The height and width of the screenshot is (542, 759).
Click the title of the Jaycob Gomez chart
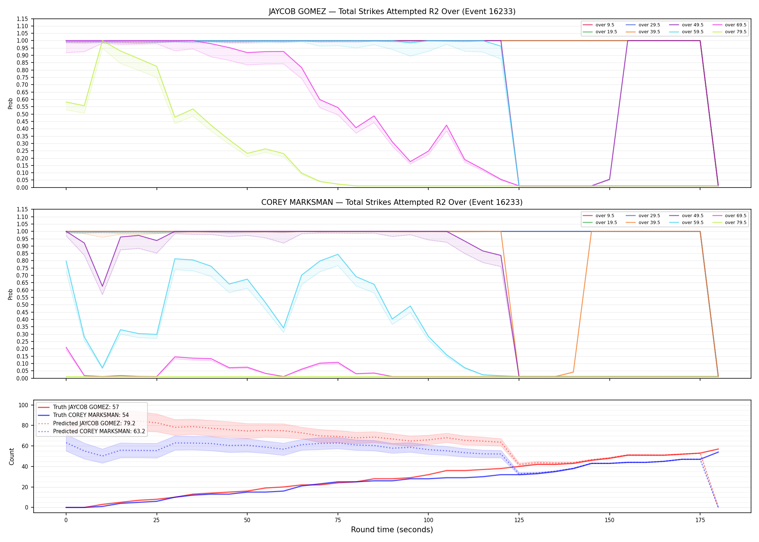(392, 12)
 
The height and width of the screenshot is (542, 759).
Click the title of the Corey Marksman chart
(392, 202)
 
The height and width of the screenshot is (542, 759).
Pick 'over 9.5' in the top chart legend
(605, 25)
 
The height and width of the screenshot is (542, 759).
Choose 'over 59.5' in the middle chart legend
(692, 223)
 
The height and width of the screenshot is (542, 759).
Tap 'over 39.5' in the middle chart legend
(649, 223)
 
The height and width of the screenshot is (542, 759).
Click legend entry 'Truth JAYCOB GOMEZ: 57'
(86, 407)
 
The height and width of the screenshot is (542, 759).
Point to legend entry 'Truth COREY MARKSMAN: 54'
(91, 415)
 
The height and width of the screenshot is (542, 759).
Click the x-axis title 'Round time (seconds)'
(392, 530)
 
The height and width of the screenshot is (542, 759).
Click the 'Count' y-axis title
(12, 456)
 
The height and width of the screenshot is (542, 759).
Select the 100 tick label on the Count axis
(23, 405)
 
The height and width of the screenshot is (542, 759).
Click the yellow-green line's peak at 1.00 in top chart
(103, 41)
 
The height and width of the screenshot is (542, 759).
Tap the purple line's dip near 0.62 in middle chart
(102, 287)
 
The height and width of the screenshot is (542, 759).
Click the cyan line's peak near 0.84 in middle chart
(338, 254)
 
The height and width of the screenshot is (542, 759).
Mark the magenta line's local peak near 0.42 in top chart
(446, 125)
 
